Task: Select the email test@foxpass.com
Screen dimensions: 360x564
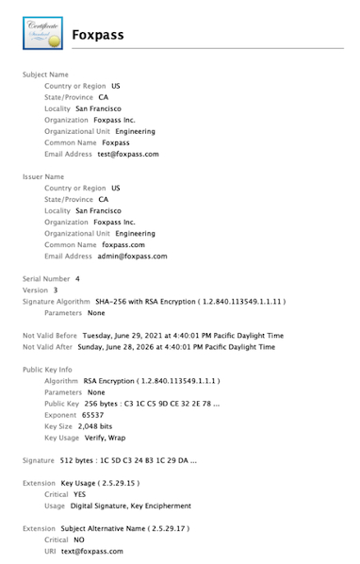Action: (128, 154)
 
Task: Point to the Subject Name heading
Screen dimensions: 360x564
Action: (45, 74)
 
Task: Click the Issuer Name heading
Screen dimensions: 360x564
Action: (43, 175)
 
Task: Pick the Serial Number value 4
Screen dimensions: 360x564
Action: (77, 278)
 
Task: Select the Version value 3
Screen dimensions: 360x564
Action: (56, 290)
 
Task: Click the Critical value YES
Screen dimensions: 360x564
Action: (81, 494)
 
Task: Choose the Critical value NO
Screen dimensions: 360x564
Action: (79, 539)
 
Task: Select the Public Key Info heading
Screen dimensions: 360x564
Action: (47, 370)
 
